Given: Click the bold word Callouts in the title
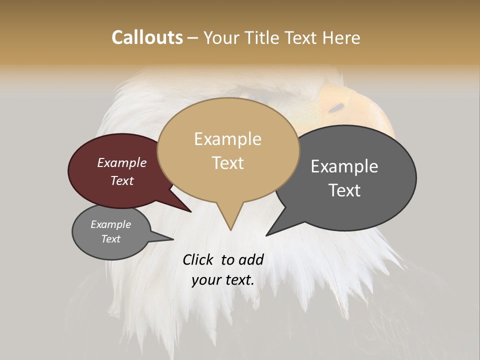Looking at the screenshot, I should click(147, 37).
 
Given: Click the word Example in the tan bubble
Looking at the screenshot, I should click(227, 139).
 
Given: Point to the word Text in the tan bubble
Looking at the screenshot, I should click(227, 163).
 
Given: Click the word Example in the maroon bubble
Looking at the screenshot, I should click(121, 163).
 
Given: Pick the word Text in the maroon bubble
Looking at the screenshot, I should click(121, 180).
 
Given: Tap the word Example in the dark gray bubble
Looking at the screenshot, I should click(344, 166).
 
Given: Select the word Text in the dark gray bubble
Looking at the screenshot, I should click(344, 190).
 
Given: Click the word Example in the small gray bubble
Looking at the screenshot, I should click(110, 224).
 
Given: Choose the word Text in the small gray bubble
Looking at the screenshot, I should click(110, 239).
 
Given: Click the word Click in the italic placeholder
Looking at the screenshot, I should click(199, 259).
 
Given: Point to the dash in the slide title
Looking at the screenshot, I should click(193, 38).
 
